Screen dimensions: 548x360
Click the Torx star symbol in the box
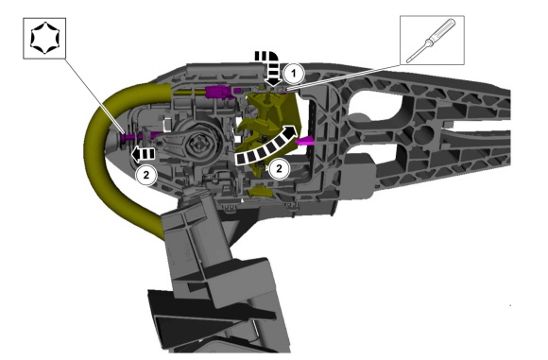coord(45,38)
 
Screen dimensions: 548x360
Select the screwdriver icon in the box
coord(432,41)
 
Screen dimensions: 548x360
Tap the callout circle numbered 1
coord(294,74)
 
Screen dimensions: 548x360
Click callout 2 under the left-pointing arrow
coord(146,175)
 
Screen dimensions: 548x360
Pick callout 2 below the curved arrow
coord(279,169)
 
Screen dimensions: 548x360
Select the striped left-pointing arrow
coord(143,154)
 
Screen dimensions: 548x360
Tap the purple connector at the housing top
coord(219,92)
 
